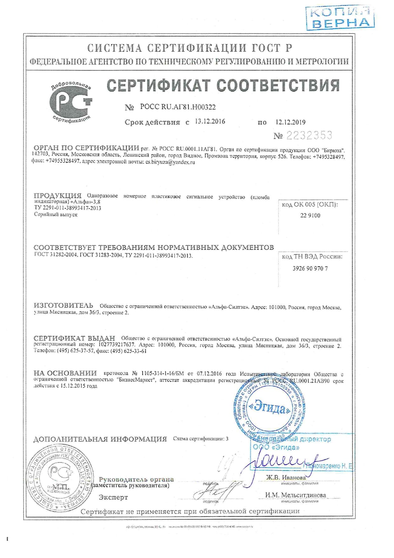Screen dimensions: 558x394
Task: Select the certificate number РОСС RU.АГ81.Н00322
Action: click(x=178, y=107)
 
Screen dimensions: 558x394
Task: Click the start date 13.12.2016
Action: click(x=210, y=122)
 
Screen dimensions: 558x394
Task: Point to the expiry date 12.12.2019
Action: click(x=290, y=122)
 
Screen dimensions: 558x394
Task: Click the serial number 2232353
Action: click(x=309, y=136)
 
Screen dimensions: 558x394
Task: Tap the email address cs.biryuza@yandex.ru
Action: click(x=170, y=162)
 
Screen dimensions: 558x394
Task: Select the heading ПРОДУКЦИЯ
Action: click(x=58, y=196)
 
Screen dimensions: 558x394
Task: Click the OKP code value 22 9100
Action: click(x=310, y=215)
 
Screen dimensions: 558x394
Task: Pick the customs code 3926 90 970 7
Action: click(x=310, y=269)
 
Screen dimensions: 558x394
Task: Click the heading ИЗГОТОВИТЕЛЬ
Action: click(x=63, y=306)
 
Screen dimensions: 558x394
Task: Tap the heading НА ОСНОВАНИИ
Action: click(x=65, y=373)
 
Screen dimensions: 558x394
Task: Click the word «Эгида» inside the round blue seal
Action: click(x=269, y=408)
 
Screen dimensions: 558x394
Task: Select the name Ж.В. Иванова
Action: click(x=286, y=478)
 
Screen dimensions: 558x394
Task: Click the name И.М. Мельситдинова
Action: click(x=295, y=495)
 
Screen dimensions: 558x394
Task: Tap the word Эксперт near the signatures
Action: click(x=113, y=497)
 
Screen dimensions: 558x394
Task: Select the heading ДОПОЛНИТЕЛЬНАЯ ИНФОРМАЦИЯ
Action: click(x=100, y=439)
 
